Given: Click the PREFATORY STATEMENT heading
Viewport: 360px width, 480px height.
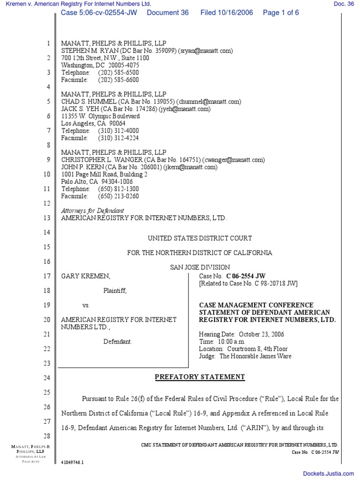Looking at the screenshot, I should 200,377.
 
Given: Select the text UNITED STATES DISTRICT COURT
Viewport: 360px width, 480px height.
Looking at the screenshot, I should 200,238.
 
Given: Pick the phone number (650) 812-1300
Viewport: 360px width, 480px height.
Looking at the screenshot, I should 118,189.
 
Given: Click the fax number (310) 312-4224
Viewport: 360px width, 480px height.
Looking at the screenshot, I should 118,138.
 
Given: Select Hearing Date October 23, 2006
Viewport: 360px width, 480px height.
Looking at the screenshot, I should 241,334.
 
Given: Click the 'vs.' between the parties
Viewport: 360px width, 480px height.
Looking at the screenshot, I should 86,305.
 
